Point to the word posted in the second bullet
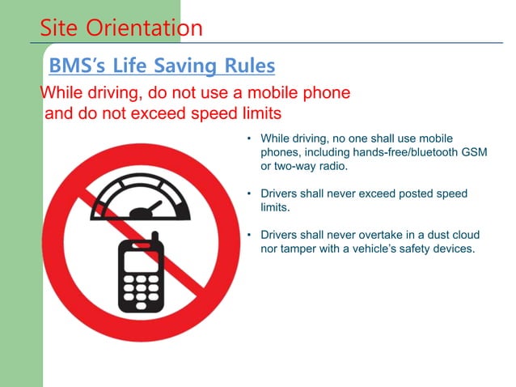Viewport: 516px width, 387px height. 421,194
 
